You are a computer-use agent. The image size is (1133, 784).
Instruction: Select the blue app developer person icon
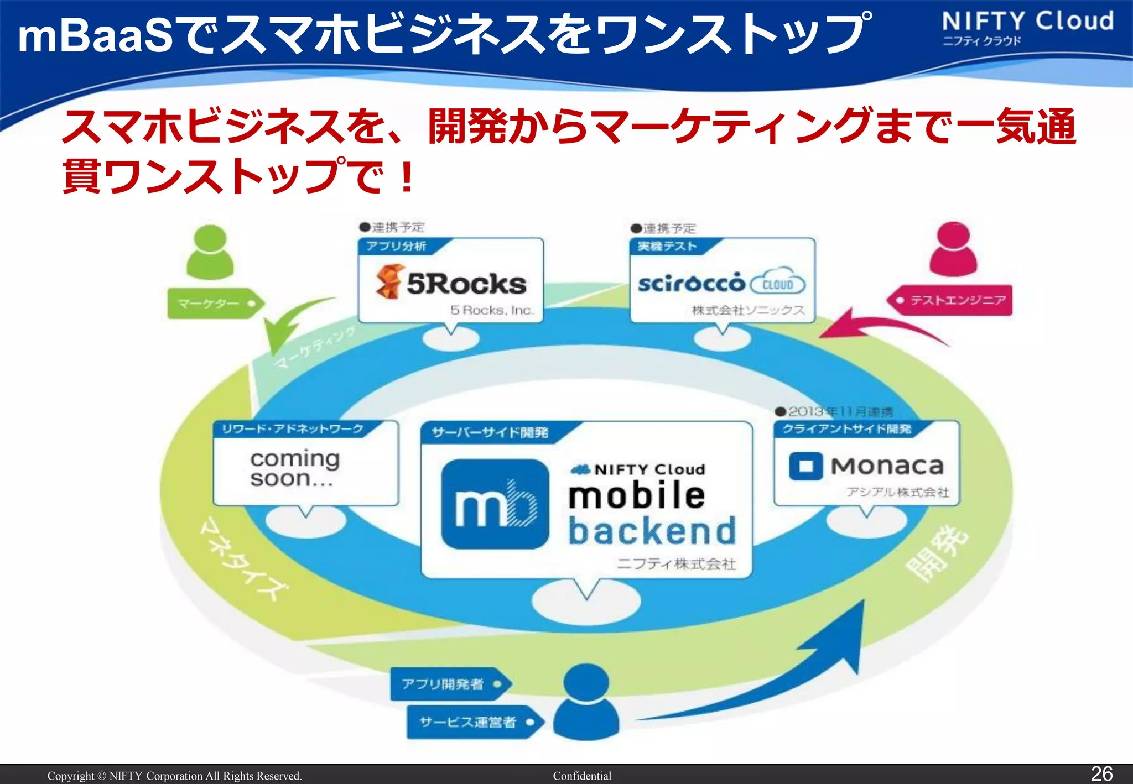click(x=586, y=702)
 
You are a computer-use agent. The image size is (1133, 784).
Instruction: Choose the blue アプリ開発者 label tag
click(x=448, y=684)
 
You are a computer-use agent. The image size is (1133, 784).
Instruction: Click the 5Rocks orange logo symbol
click(x=388, y=281)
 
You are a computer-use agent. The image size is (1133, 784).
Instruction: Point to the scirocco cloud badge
click(x=777, y=284)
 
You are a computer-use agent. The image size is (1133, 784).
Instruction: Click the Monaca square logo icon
click(x=805, y=466)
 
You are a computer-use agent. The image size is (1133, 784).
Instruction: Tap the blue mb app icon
click(x=495, y=504)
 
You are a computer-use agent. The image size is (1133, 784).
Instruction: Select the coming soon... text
click(x=294, y=468)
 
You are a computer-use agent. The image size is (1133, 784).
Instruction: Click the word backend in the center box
click(x=652, y=531)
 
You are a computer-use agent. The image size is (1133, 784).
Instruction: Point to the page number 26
click(x=1101, y=773)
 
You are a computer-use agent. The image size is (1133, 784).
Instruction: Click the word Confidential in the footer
click(x=582, y=776)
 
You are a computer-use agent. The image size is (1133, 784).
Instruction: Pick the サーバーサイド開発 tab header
click(x=490, y=432)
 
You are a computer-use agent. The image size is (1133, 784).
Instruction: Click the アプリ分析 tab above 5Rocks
click(x=396, y=246)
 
